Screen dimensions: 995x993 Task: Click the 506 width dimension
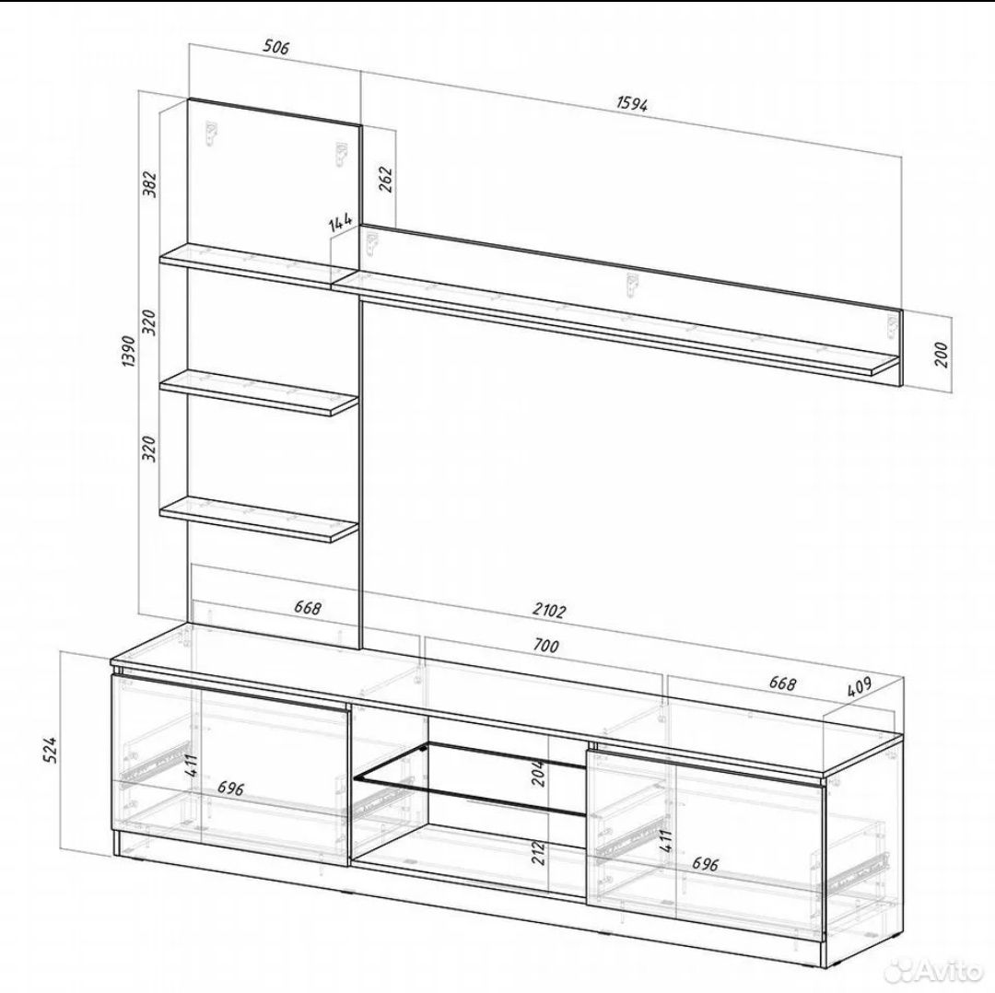tap(276, 47)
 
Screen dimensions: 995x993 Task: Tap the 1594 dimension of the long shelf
tap(632, 103)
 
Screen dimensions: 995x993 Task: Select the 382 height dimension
tap(150, 183)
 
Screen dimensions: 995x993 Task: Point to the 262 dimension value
tap(386, 179)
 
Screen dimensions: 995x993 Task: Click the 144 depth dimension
tap(341, 222)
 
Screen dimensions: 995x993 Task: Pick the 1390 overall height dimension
tap(130, 352)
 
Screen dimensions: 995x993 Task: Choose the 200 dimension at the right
tap(941, 355)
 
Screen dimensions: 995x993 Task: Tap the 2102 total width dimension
tap(549, 611)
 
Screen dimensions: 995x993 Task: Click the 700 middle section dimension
tap(545, 646)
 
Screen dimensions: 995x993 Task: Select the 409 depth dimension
tap(860, 687)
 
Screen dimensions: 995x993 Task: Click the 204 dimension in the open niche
tap(539, 773)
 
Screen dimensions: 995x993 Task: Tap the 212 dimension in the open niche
tap(539, 854)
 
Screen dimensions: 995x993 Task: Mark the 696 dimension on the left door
tap(231, 789)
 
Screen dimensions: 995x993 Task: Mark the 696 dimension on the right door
tap(705, 863)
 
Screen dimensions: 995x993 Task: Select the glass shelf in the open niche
tap(471, 779)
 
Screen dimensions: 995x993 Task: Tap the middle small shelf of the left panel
tap(259, 393)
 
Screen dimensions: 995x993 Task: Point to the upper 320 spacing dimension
tap(150, 323)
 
